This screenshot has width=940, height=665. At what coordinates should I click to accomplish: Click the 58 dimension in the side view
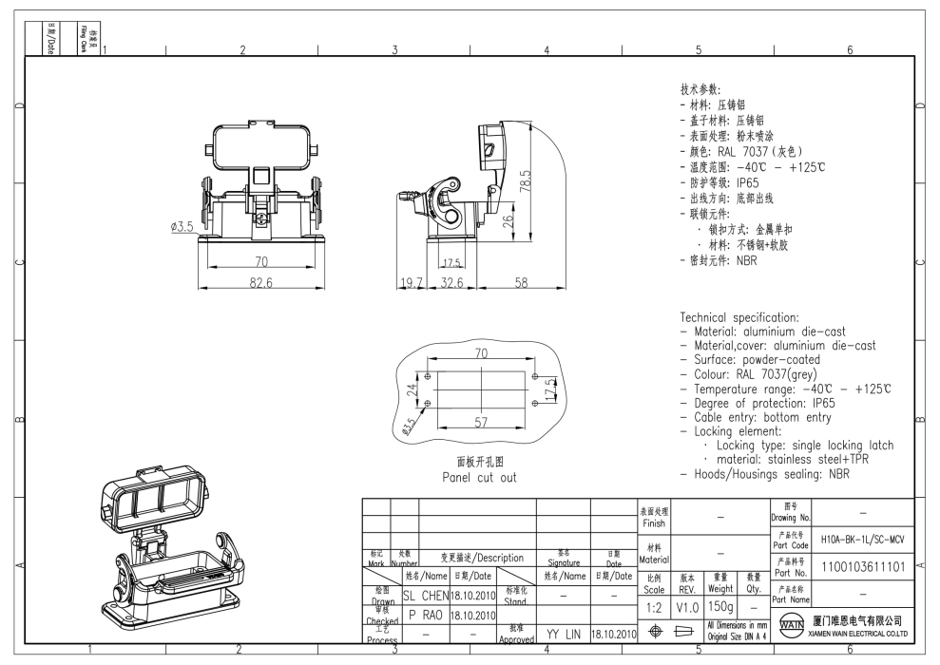click(522, 282)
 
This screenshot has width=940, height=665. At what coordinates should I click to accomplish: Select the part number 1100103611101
click(861, 564)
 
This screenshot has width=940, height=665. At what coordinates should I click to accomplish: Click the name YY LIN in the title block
click(563, 632)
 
